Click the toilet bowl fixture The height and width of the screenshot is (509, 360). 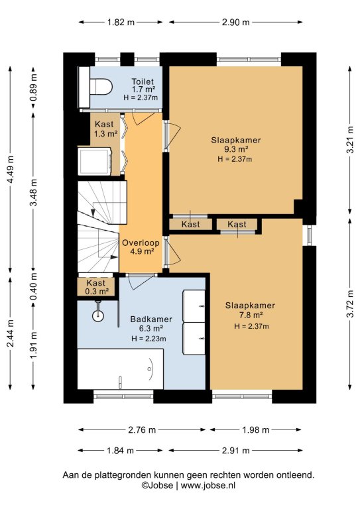point(101,87)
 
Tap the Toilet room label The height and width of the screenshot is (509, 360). point(143,82)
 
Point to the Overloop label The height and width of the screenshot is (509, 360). point(141,243)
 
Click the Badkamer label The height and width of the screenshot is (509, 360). point(151,319)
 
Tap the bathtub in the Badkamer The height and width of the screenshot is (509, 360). point(120,369)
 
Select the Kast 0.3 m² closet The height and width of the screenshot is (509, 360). point(96,287)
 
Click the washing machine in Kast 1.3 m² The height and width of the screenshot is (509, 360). point(94,160)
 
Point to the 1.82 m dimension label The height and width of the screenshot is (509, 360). point(121,22)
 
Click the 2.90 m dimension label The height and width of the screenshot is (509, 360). point(236,22)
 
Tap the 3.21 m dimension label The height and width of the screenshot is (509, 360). point(350,140)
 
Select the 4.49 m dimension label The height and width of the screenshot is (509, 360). point(10,170)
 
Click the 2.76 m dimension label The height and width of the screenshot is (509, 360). point(142,429)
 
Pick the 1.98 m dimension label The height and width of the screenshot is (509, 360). point(256,429)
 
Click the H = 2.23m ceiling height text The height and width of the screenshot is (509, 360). point(149,339)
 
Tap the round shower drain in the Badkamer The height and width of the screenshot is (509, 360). point(97,315)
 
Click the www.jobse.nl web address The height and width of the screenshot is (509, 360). point(208,486)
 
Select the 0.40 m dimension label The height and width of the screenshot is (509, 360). point(33,287)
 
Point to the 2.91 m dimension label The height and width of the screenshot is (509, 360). point(236,451)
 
